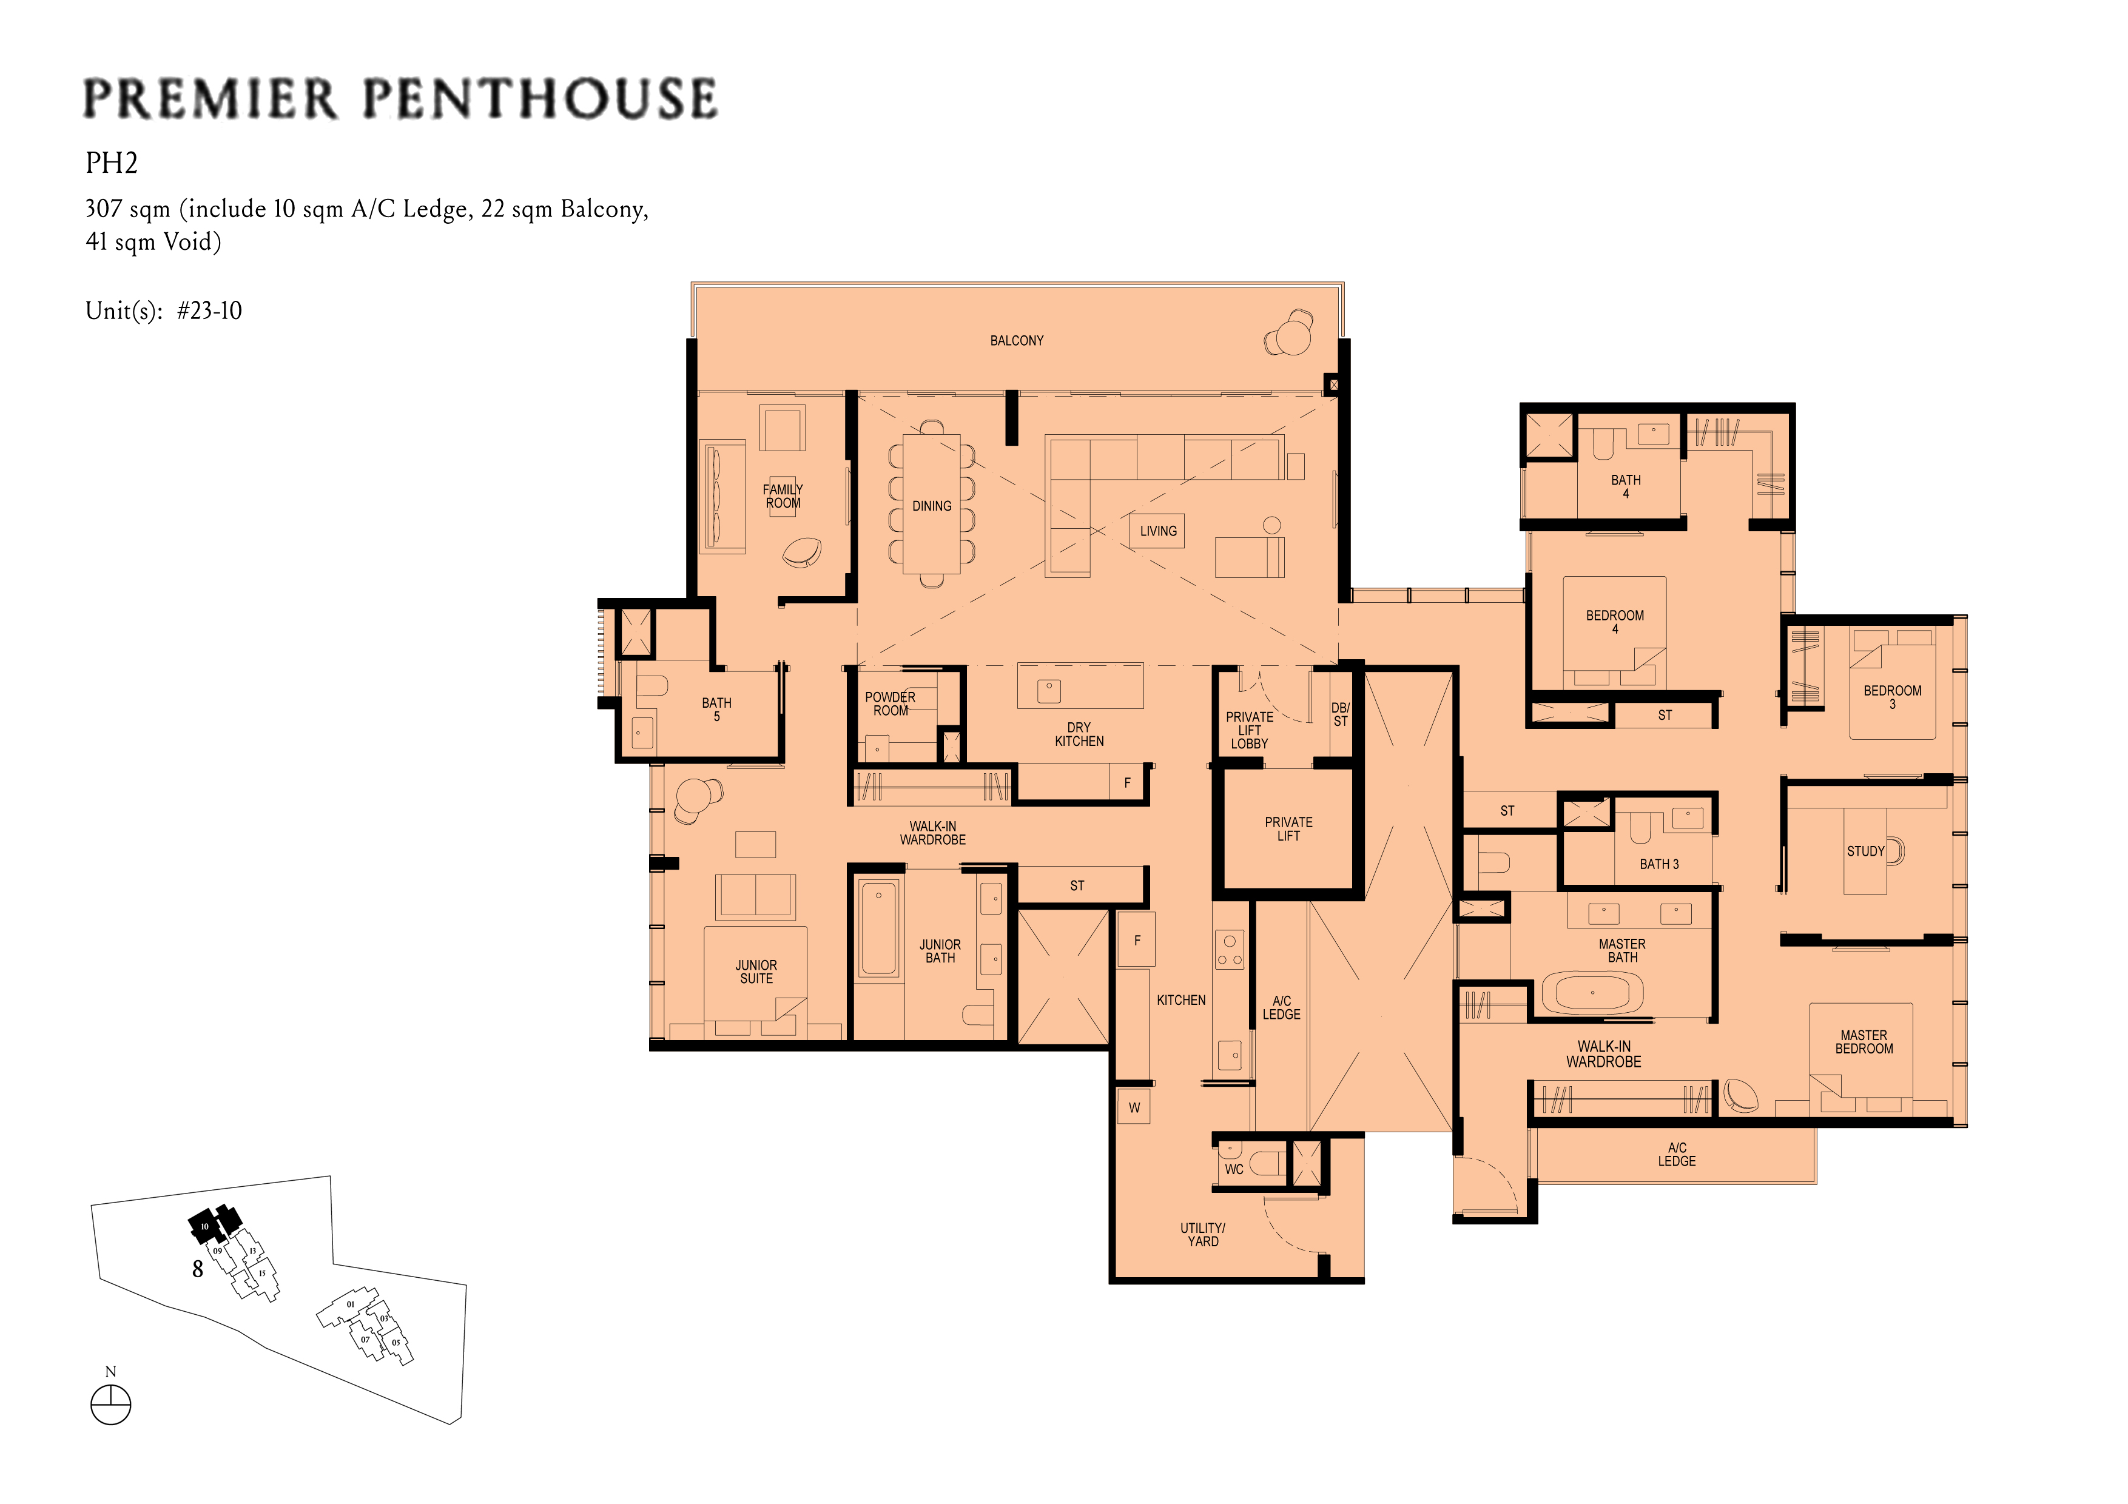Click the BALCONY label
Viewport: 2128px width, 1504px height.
[x=1017, y=341]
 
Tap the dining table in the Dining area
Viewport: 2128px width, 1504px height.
[x=932, y=505]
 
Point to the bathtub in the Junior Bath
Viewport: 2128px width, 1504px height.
[x=878, y=928]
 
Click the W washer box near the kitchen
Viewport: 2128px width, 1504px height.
[x=1134, y=1107]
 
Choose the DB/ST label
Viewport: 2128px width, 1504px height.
[x=1340, y=714]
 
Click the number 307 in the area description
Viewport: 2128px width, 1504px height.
[x=103, y=209]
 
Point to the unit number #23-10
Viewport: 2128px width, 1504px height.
[x=209, y=311]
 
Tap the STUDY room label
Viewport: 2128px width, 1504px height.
[x=1866, y=851]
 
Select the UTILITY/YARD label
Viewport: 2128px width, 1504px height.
[x=1203, y=1234]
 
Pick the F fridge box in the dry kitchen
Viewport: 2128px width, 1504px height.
[x=1127, y=783]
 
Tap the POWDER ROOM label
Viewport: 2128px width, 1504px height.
[x=890, y=703]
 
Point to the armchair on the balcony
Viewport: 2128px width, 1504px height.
[x=1289, y=334]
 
